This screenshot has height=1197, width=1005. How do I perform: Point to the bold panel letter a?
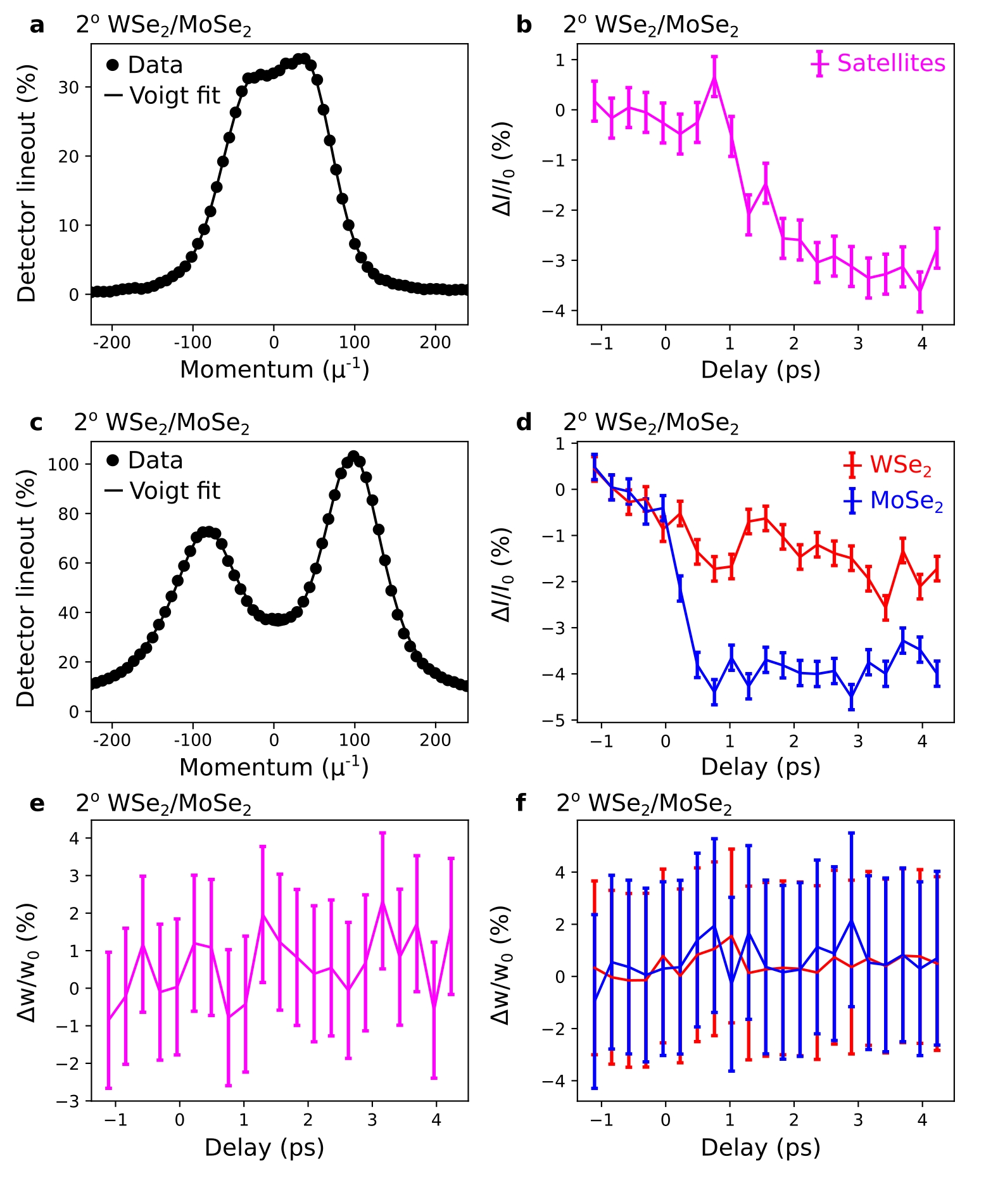tap(37, 25)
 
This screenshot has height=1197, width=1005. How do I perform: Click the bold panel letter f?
tap(521, 803)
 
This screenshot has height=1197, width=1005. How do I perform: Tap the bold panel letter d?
tap(524, 422)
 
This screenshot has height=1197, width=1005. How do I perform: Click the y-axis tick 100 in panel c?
tap(63, 464)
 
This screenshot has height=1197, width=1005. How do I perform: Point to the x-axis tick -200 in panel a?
tap(111, 343)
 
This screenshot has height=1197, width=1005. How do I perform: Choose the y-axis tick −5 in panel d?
tap(556, 721)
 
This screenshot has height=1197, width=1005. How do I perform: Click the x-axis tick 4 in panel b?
tap(922, 343)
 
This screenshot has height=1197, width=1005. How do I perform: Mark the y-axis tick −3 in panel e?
tap(70, 1101)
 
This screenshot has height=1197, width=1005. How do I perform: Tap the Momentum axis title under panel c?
tap(274, 767)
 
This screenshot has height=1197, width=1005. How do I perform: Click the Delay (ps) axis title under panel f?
tap(760, 1148)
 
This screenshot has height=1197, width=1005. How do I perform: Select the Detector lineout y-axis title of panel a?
tap(27, 184)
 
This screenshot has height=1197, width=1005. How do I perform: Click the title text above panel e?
tap(163, 803)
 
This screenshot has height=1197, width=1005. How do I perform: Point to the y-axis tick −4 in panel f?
tap(556, 1081)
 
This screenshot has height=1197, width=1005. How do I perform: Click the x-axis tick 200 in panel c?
tap(435, 740)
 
